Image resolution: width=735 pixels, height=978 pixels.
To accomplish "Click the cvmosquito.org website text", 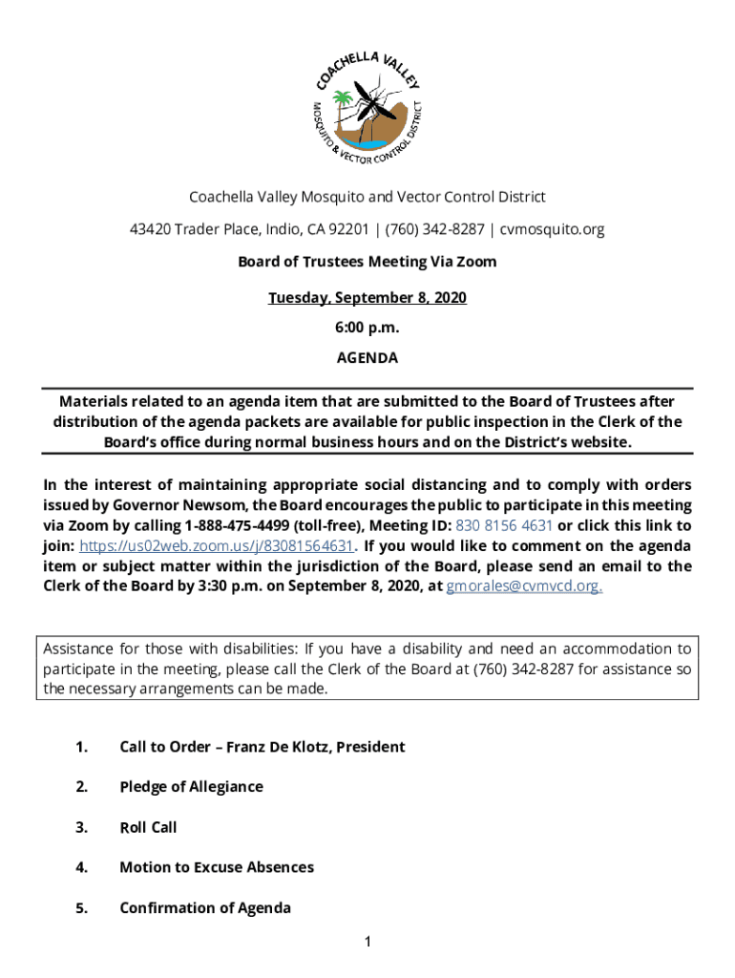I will click(552, 229).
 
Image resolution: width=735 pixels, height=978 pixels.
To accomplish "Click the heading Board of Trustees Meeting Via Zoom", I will click(367, 261).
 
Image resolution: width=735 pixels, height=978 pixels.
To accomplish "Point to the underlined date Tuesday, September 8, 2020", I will click(367, 298).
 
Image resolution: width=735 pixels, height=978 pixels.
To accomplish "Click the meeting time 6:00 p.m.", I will click(367, 328).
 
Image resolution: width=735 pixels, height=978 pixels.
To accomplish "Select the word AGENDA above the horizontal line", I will click(367, 358).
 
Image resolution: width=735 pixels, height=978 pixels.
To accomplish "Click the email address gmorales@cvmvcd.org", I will click(524, 585).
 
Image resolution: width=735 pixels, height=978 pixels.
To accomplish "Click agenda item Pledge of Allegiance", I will click(191, 786).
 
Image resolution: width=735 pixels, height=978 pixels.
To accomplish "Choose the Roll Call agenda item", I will click(148, 827).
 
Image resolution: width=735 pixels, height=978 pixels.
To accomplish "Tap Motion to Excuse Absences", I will click(217, 867).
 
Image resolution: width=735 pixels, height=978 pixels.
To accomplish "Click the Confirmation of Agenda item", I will click(205, 907).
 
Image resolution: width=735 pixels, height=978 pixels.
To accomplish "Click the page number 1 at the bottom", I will click(367, 944).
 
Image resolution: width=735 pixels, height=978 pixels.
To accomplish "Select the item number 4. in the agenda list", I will click(82, 867).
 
